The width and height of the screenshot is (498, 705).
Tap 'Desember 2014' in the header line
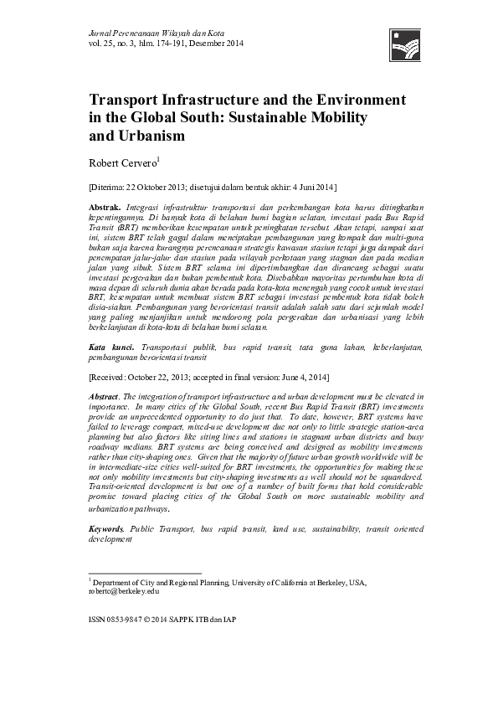[x=219, y=43]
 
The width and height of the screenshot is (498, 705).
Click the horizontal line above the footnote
[x=144, y=574]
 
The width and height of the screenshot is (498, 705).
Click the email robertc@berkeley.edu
[x=122, y=590]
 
